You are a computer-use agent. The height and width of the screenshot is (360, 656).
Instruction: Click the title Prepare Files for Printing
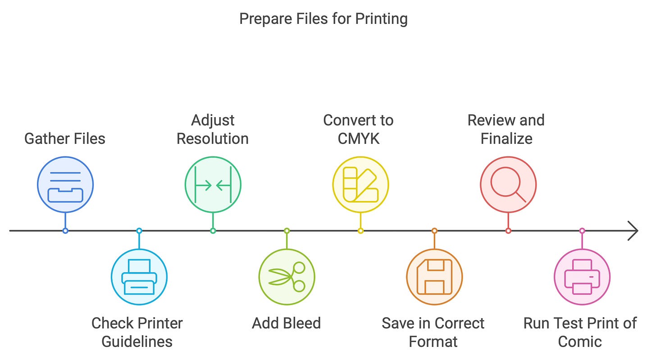(323, 19)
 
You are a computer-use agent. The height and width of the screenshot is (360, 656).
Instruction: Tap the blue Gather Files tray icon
(65, 184)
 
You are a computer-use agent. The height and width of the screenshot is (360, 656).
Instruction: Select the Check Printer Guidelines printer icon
(139, 277)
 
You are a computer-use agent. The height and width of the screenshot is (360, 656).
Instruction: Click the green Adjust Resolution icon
(213, 184)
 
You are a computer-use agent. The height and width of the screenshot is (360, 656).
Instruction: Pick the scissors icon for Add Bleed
(287, 277)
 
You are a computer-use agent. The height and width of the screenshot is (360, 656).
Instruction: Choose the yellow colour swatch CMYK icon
(360, 184)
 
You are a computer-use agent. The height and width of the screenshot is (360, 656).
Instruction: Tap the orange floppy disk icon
(434, 277)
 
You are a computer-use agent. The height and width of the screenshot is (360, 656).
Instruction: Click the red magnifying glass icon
(508, 184)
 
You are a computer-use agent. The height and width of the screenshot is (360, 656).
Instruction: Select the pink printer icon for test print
(582, 277)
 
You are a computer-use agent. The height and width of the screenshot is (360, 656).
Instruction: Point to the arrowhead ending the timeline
(634, 231)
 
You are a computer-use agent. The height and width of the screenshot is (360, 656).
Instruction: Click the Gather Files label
(65, 138)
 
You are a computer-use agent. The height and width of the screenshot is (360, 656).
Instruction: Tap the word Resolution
(213, 138)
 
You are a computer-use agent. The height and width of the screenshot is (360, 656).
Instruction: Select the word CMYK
(359, 138)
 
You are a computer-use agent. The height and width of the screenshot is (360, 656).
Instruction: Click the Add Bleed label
(287, 323)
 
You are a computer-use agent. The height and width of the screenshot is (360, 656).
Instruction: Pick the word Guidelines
(137, 341)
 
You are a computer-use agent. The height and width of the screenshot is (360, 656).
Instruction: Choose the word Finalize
(506, 138)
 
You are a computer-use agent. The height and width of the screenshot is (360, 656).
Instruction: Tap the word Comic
(580, 341)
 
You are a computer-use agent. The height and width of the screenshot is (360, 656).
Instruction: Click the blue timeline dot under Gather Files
(65, 231)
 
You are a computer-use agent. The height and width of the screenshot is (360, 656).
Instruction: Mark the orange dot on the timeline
(434, 231)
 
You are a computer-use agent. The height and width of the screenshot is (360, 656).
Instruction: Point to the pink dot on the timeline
(582, 231)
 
